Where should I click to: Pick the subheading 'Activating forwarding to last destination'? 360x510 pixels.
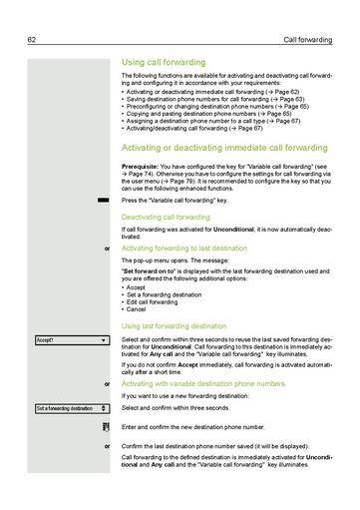(x=183, y=247)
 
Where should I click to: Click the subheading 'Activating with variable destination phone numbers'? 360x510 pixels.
(x=199, y=383)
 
